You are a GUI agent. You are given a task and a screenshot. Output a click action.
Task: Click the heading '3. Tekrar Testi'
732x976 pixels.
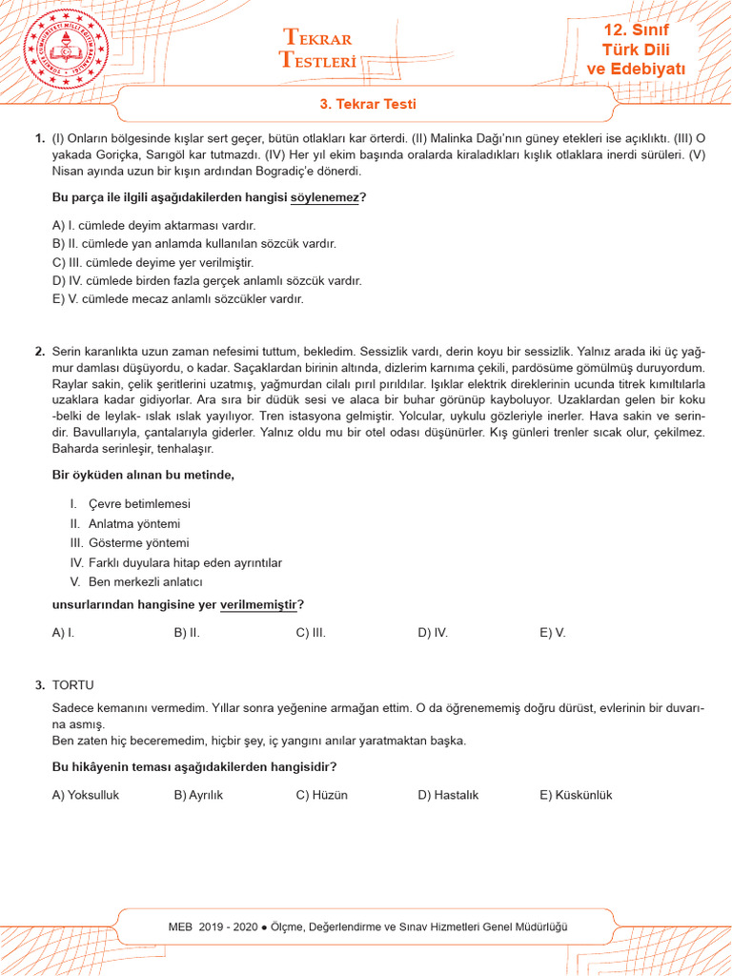(x=367, y=104)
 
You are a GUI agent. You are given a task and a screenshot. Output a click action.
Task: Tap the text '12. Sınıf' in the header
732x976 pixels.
(x=636, y=30)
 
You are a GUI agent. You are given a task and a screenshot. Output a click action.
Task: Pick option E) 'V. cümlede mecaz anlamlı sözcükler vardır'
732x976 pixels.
(x=177, y=298)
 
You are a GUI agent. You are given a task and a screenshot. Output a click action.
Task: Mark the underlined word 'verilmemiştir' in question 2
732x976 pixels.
(x=258, y=604)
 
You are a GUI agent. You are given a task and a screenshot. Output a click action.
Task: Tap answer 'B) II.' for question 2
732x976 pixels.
(x=187, y=632)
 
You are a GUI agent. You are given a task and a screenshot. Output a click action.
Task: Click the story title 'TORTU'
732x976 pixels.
(x=73, y=685)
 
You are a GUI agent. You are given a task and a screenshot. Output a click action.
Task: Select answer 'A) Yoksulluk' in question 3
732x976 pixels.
(x=86, y=795)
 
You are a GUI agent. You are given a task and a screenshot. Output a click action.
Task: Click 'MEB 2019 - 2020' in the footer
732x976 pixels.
(x=213, y=926)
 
